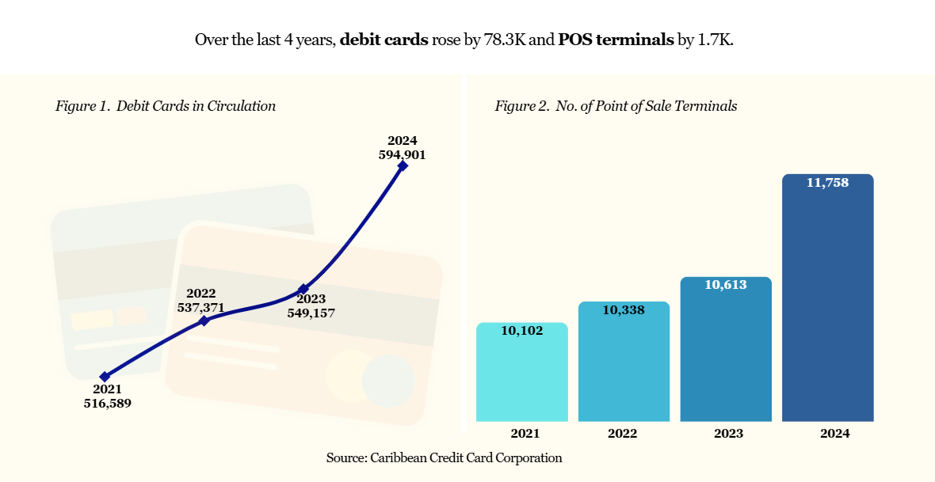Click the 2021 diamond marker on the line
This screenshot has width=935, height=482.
click(x=105, y=377)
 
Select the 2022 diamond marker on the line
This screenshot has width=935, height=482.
click(x=204, y=321)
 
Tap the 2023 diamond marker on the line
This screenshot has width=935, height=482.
click(x=303, y=289)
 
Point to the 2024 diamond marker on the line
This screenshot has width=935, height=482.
click(x=403, y=165)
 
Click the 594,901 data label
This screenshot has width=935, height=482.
click(x=403, y=155)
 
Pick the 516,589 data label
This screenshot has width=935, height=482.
click(x=107, y=403)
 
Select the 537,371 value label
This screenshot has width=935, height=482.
click(x=201, y=307)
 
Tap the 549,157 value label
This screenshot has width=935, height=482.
click(x=311, y=313)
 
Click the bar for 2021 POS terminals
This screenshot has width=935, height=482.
click(x=522, y=376)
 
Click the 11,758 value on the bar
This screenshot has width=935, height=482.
click(x=827, y=183)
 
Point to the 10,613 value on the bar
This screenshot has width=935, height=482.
click(x=726, y=285)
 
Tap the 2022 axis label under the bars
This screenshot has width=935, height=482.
click(x=623, y=434)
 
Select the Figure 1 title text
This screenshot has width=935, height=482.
click(x=166, y=106)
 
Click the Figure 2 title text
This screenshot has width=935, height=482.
click(x=616, y=106)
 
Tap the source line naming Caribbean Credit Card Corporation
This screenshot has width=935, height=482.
click(x=444, y=457)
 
